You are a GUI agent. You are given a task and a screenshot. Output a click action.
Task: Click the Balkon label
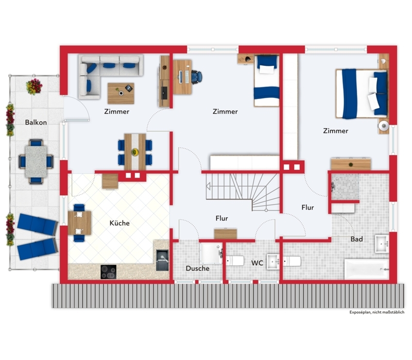point(36,122)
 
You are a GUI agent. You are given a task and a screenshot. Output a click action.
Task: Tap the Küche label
point(119,223)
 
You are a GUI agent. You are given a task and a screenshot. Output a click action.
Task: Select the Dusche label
point(197,268)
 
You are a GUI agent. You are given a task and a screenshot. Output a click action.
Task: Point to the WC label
point(257,263)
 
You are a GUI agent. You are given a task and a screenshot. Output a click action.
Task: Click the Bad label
point(356,239)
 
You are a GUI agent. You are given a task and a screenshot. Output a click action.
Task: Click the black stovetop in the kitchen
point(109,272)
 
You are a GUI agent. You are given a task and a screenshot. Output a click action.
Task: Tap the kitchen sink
point(162,260)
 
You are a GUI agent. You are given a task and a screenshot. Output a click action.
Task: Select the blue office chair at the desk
point(197,77)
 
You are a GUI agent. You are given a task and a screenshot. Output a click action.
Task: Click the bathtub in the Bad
point(366,269)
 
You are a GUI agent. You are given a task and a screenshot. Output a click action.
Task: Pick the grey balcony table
point(36,162)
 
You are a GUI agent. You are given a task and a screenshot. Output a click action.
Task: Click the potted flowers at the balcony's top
point(34,87)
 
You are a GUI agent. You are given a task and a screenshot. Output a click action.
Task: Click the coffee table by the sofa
point(121,93)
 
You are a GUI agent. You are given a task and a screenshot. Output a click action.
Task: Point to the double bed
point(362,94)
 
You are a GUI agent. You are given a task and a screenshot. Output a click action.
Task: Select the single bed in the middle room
point(266,81)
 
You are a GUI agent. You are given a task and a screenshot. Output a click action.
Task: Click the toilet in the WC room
point(235,261)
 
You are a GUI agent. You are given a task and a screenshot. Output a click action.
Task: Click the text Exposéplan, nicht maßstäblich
point(377,312)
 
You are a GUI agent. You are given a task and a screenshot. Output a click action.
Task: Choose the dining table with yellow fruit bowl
point(135,152)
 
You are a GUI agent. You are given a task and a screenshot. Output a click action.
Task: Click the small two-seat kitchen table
point(79,223)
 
